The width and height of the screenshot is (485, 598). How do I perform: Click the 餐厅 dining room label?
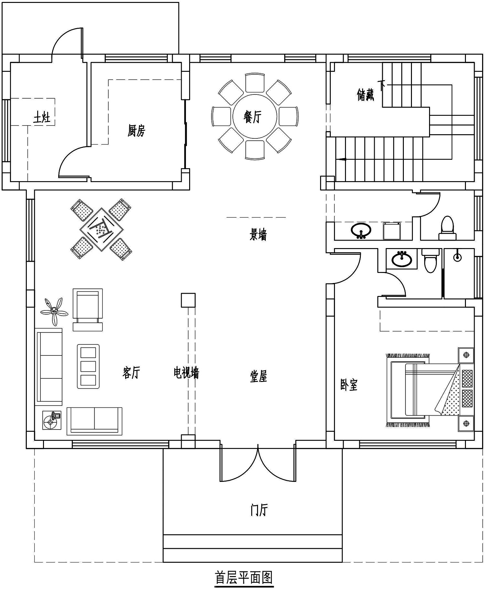coord(252,117)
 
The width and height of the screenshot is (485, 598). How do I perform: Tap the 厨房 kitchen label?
coord(136,131)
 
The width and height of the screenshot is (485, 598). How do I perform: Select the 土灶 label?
coord(42,117)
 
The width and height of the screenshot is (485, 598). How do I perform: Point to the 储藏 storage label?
coord(365,95)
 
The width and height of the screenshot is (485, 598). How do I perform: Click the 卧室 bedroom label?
coord(349,385)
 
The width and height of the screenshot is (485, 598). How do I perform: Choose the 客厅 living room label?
coord(131,373)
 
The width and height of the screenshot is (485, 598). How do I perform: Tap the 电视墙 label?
coord(186,373)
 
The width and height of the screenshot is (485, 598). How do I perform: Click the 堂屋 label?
coord(258,376)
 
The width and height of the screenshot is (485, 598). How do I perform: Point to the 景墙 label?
coord(258,234)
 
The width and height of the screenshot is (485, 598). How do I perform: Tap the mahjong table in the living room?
coord(101,229)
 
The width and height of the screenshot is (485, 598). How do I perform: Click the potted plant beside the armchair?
coord(54,311)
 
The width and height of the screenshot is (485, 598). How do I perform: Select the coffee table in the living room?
coord(88,366)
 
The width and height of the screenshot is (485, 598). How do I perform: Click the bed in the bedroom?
coord(424,390)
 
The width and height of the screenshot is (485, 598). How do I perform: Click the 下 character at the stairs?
coord(382,86)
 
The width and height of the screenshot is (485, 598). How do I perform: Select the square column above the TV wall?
coord(188,300)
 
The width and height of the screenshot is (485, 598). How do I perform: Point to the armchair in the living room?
coord(88,310)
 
